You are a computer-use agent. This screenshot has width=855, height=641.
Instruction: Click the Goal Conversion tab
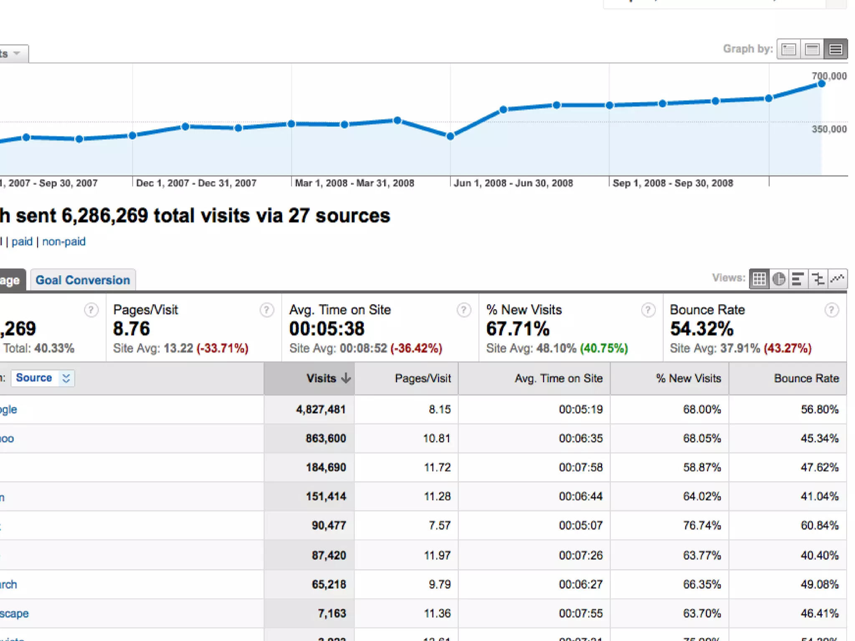click(83, 280)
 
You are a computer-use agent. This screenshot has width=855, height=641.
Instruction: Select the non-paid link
click(64, 242)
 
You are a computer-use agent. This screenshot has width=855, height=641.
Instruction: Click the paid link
click(22, 242)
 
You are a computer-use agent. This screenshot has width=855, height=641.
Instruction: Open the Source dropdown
click(43, 378)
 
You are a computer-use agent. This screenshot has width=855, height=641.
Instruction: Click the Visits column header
click(321, 379)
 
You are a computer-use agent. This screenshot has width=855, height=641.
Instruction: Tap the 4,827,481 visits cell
click(321, 409)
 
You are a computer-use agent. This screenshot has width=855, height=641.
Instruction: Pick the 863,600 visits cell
click(326, 439)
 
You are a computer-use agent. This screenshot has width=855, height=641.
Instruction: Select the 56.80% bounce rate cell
click(820, 409)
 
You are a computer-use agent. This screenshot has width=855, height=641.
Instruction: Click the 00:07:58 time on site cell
click(581, 467)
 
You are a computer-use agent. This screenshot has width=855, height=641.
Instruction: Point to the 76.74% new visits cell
click(702, 525)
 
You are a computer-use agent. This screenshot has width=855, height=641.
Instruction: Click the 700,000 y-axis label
click(829, 76)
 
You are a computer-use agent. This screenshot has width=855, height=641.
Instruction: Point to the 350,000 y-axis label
click(829, 129)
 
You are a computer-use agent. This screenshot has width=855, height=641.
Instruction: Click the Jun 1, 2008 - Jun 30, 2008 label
click(513, 183)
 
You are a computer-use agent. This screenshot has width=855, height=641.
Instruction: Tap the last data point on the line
click(822, 84)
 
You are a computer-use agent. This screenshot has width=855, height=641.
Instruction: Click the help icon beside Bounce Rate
click(831, 310)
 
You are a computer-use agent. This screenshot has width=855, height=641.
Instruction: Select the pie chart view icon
click(779, 279)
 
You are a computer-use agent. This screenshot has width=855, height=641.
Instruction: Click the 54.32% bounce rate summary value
click(702, 329)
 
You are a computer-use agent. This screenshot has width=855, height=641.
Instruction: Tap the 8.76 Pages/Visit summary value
click(132, 329)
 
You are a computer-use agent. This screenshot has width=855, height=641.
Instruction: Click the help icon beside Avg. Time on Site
click(463, 310)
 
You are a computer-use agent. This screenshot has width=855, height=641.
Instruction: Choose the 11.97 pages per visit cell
click(437, 555)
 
